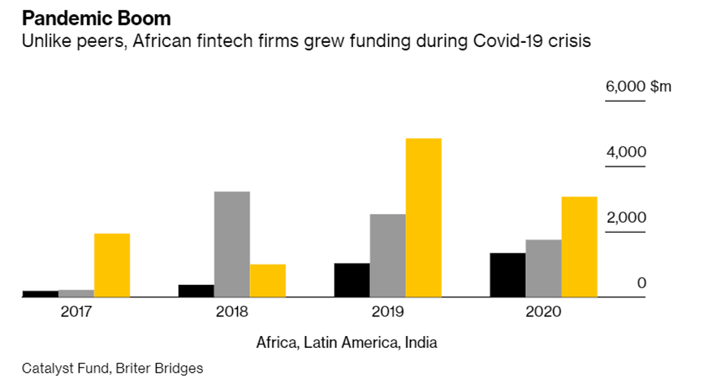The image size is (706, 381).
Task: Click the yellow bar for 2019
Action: pyautogui.click(x=423, y=218)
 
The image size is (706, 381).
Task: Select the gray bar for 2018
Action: pyautogui.click(x=232, y=244)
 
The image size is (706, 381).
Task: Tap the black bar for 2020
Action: pyautogui.click(x=507, y=275)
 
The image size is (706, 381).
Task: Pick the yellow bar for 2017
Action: pyautogui.click(x=112, y=265)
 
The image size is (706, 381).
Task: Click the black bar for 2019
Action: pyautogui.click(x=352, y=280)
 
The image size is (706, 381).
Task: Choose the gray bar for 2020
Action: pyautogui.click(x=543, y=269)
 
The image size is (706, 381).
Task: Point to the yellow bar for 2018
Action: pyautogui.click(x=267, y=280)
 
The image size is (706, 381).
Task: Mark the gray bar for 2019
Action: pyautogui.click(x=387, y=255)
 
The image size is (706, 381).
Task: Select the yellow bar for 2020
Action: pyautogui.click(x=579, y=247)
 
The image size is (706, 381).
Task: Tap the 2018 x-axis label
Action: pyautogui.click(x=232, y=311)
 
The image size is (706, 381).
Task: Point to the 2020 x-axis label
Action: pyautogui.click(x=543, y=311)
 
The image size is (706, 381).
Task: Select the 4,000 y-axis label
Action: pyautogui.click(x=626, y=153)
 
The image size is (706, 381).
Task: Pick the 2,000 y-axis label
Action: pyautogui.click(x=626, y=218)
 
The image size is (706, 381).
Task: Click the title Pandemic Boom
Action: pyautogui.click(x=96, y=17)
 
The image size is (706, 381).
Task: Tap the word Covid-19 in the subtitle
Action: pyautogui.click(x=507, y=41)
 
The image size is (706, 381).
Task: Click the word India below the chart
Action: pyautogui.click(x=421, y=343)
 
